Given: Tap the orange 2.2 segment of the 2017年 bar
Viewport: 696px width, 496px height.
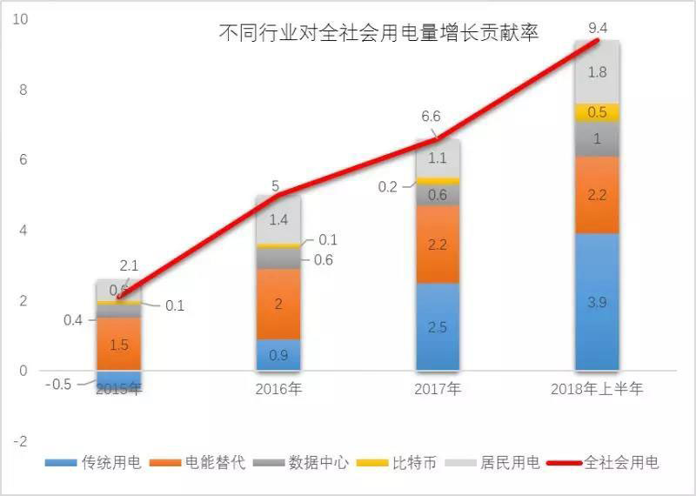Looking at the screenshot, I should (438, 245).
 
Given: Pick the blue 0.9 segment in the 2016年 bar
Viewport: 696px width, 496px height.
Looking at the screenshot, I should (278, 354).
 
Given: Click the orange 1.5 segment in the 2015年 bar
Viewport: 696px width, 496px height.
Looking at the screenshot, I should (119, 345).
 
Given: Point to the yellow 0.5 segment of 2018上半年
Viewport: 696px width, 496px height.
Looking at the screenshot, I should (596, 112).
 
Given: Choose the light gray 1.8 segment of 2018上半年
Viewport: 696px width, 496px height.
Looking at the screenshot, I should (596, 72).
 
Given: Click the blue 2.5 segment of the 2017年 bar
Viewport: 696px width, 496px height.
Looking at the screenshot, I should (438, 326).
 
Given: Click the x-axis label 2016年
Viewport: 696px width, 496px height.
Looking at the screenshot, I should (278, 389).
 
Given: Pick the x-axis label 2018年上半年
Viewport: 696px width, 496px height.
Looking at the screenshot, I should (597, 389).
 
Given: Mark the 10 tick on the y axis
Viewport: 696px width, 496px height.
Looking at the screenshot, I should (18, 19).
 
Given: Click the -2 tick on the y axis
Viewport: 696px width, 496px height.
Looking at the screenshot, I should (18, 441).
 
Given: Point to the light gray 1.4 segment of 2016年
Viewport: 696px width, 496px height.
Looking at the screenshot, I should (278, 220).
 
